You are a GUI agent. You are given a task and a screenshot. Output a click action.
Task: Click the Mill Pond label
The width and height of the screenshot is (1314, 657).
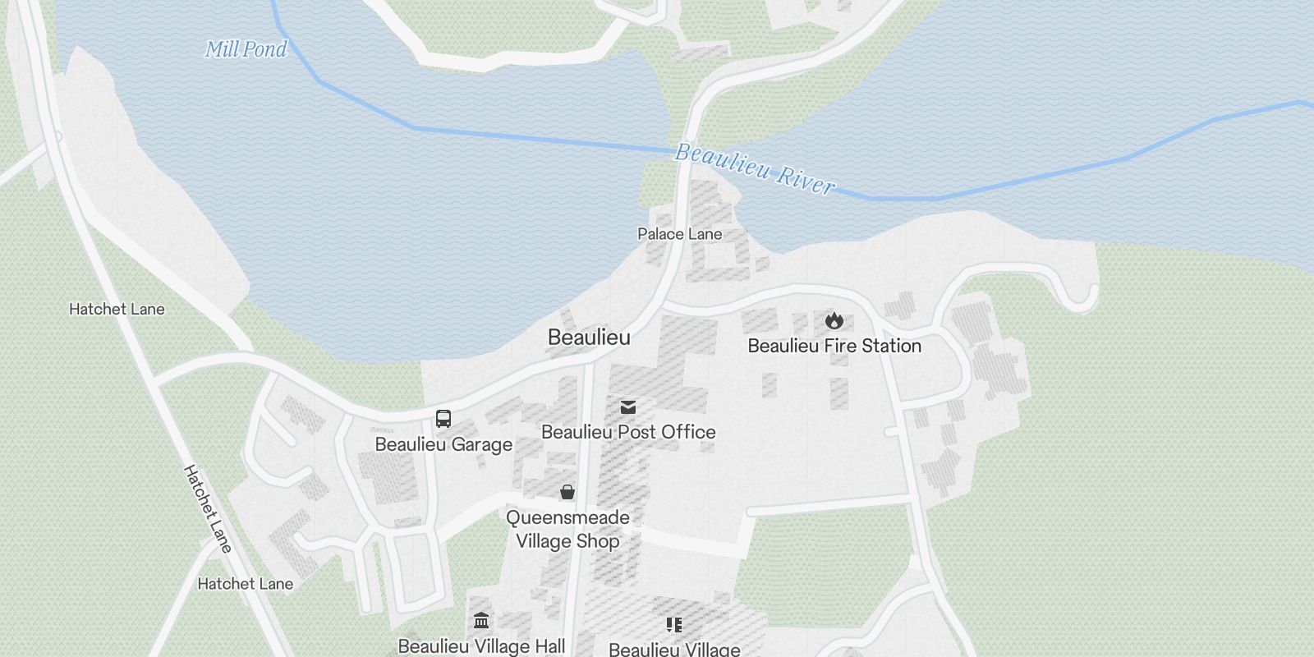click(246, 49)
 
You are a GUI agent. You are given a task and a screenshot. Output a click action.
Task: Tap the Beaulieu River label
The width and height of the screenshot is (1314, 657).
click(754, 169)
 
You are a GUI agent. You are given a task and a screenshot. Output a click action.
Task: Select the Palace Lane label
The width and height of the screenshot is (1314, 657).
click(679, 234)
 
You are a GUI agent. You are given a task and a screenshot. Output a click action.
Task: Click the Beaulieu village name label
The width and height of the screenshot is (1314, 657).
click(589, 338)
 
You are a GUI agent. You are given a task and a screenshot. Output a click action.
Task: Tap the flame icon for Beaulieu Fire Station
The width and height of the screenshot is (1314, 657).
click(834, 320)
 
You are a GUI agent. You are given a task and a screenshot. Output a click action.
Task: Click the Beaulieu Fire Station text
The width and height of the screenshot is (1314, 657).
click(834, 346)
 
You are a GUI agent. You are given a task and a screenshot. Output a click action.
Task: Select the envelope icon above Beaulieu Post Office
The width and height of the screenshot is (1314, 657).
click(628, 407)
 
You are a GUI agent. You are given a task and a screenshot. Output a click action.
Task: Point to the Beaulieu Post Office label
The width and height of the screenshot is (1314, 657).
click(628, 432)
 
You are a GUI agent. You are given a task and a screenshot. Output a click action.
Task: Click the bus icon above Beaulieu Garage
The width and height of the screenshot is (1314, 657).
click(443, 419)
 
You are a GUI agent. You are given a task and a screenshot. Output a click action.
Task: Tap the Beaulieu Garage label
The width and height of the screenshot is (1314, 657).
click(443, 444)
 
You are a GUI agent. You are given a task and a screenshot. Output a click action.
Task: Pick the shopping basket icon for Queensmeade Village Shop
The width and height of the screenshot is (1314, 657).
click(567, 492)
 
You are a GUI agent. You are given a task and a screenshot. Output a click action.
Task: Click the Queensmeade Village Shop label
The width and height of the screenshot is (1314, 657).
click(567, 530)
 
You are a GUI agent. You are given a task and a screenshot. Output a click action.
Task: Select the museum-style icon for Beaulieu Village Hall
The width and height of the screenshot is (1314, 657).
click(481, 620)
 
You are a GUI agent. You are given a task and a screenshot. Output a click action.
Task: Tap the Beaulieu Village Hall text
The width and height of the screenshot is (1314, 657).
click(481, 646)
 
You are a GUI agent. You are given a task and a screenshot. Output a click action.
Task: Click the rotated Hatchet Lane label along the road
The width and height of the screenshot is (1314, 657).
click(208, 508)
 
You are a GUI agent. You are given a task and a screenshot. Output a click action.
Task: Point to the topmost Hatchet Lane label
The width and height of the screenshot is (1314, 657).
click(117, 310)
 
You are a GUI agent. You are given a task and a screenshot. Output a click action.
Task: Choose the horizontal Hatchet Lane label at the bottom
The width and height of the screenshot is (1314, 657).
click(245, 584)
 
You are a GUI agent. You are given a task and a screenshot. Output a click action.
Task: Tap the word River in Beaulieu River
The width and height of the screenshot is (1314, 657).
click(802, 181)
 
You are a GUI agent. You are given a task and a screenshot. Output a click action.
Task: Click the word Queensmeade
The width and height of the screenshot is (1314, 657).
click(567, 517)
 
